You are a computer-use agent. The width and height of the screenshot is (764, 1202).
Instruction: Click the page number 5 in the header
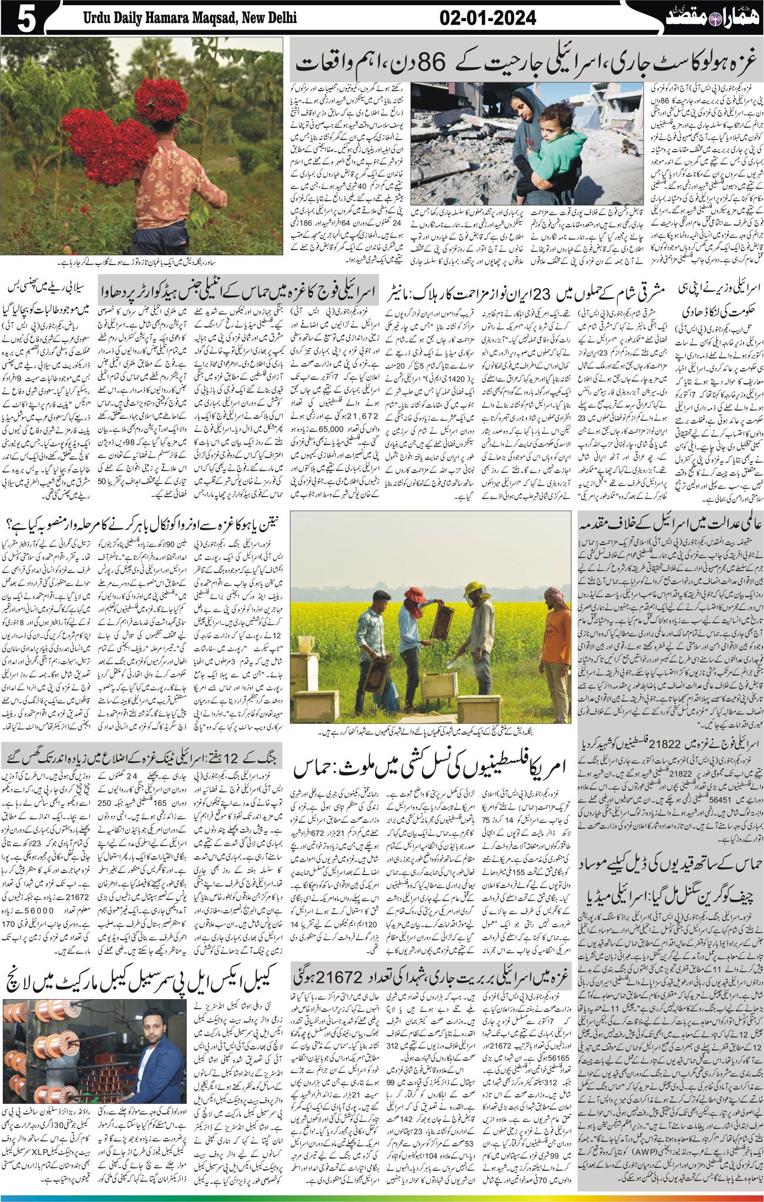pyautogui.click(x=26, y=19)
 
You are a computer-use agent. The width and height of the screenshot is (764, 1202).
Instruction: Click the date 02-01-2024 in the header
pyautogui.click(x=487, y=18)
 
